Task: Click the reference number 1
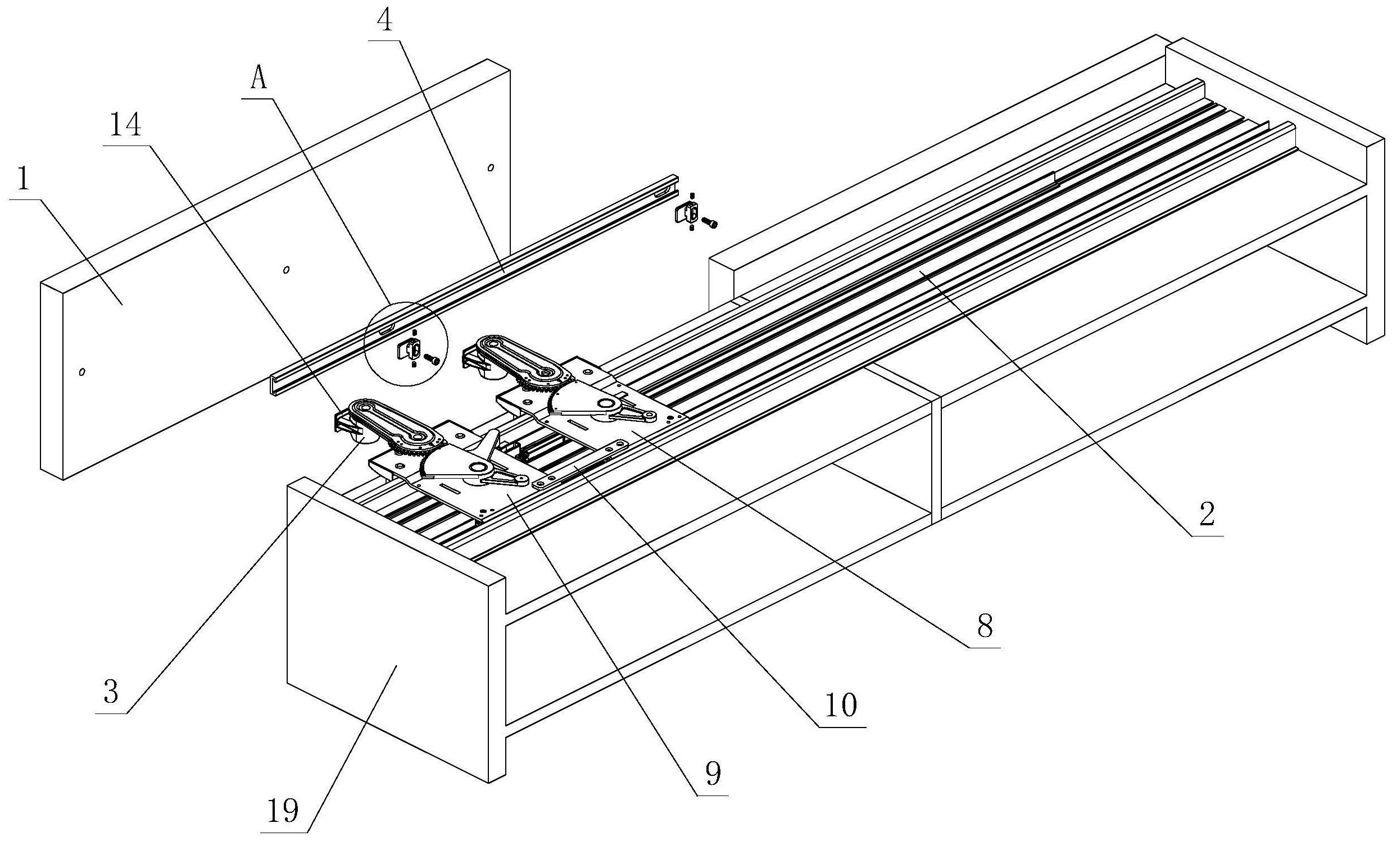(23, 180)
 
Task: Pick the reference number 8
(985, 626)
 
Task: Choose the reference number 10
(842, 705)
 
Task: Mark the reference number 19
(283, 811)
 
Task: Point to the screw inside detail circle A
(433, 358)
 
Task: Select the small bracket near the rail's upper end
(687, 213)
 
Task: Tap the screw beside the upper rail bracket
(710, 224)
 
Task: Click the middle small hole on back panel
(287, 270)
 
